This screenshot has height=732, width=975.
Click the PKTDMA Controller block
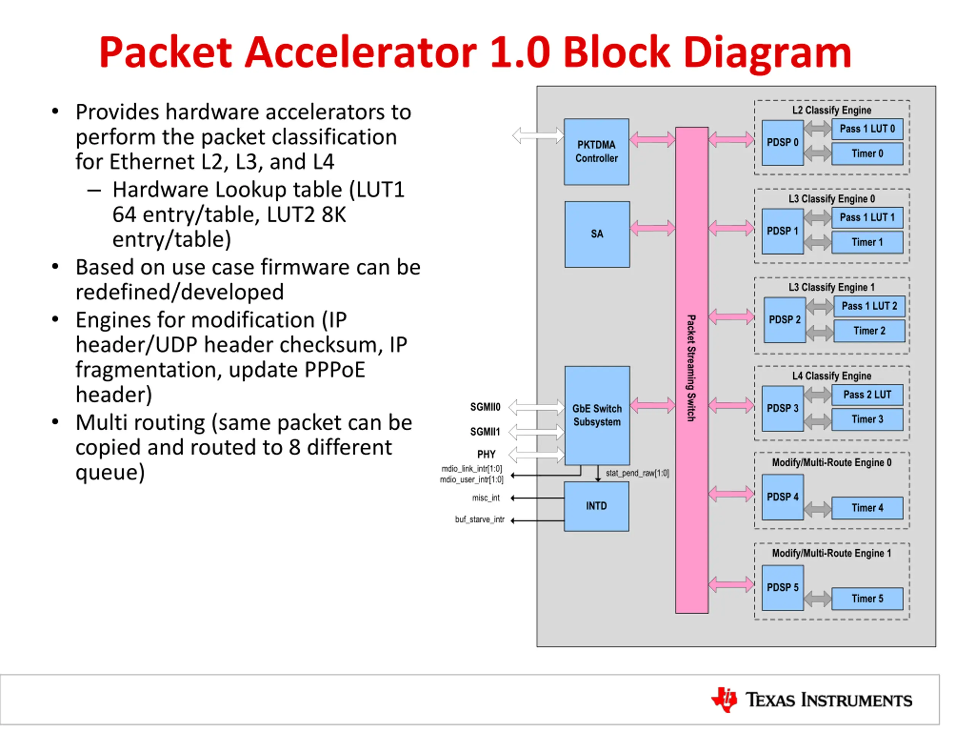point(596,151)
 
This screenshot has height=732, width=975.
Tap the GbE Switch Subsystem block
point(597,415)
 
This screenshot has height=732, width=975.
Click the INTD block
point(596,506)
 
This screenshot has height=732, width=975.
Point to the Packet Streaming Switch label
point(691,368)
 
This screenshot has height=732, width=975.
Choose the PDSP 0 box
point(782,143)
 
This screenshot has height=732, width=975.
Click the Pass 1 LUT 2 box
point(869,306)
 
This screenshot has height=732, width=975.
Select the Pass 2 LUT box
point(867,395)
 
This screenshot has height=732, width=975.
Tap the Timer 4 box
point(867,508)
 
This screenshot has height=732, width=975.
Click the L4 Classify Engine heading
point(831,376)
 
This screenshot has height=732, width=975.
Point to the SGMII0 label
point(485,407)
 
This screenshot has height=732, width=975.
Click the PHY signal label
point(486,454)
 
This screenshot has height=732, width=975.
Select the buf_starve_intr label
point(480,519)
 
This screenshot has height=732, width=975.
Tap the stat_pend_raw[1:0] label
point(637,473)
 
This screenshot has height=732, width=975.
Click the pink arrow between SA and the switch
point(652,228)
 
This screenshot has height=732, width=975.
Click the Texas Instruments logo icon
point(724,699)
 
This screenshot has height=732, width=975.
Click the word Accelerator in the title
point(361,52)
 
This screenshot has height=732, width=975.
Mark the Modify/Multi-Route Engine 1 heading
point(831,553)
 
